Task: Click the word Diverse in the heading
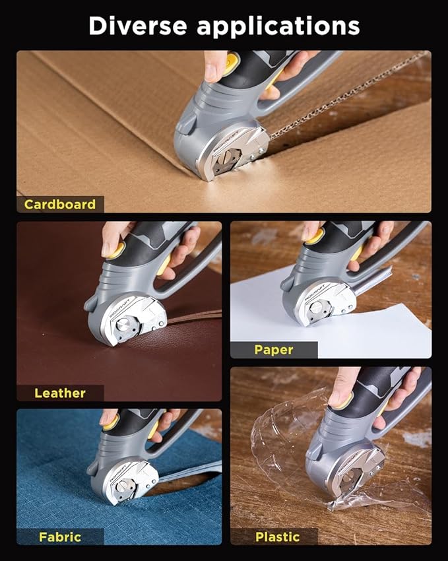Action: pos(138,26)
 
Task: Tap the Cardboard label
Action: pos(60,205)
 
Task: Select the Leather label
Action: pos(60,393)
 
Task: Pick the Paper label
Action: pos(274,350)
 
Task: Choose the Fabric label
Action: pos(60,537)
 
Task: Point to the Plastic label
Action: pos(278,537)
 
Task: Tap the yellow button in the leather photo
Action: pos(117,250)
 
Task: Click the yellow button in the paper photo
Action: pos(315,236)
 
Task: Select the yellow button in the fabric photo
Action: pos(112,423)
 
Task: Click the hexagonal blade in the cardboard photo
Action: pos(226,160)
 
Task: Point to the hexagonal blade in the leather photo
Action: pos(126,326)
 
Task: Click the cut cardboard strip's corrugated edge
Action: pos(348,95)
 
